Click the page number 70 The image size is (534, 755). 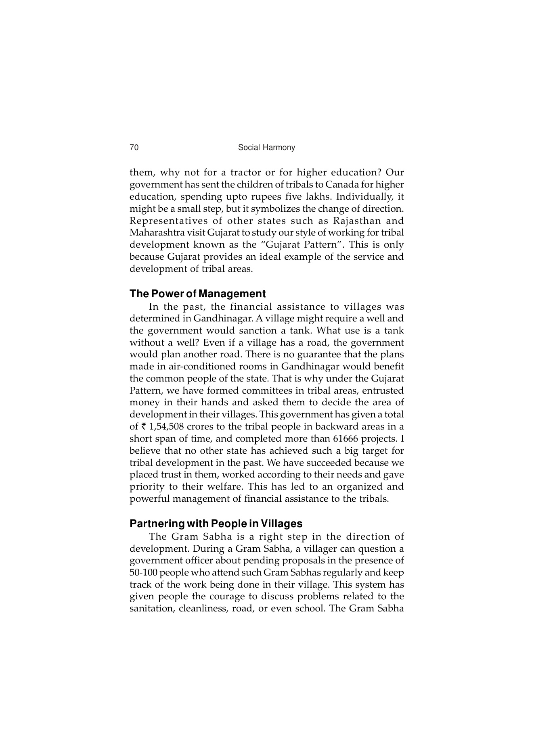(x=134, y=148)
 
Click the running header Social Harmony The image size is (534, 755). (x=266, y=148)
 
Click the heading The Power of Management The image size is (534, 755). (x=197, y=294)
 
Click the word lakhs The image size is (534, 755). (x=317, y=197)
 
